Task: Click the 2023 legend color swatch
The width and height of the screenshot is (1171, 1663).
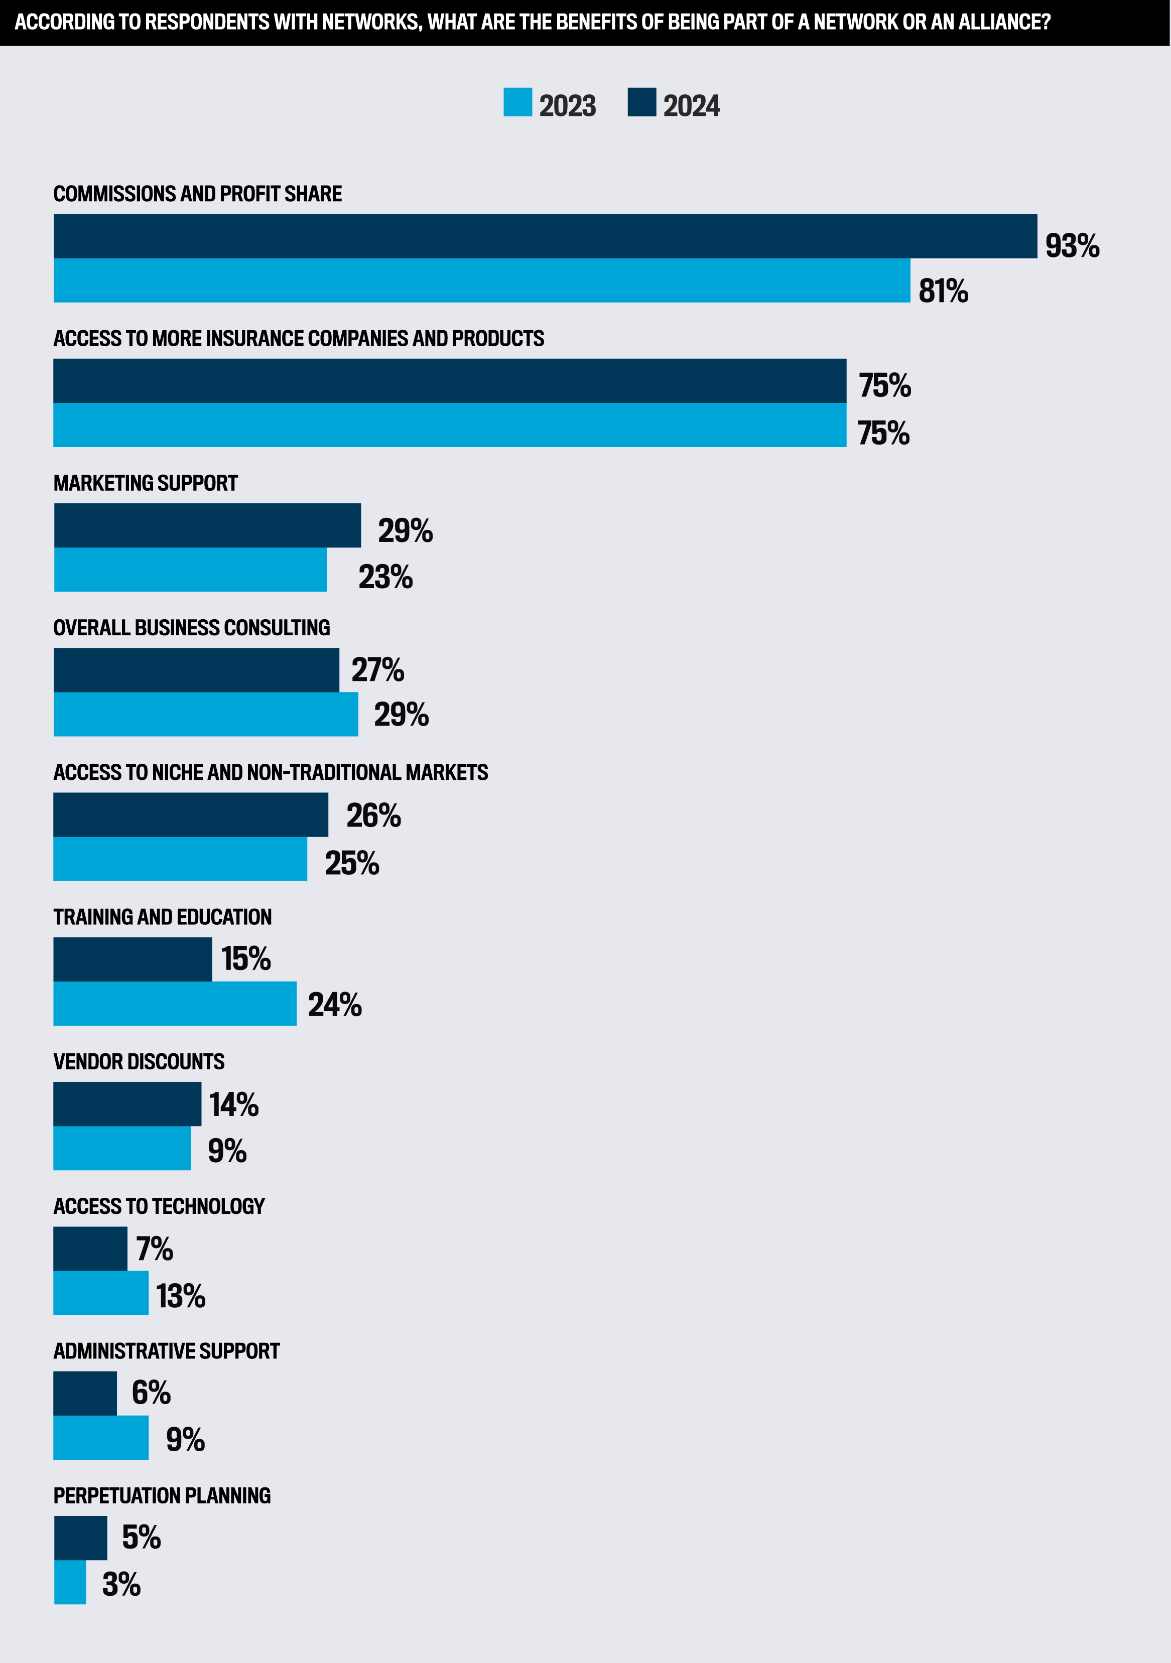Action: pos(517,102)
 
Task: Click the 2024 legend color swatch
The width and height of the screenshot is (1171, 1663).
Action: pos(641,102)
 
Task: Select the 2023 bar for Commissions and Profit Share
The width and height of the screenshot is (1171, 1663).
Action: pos(481,281)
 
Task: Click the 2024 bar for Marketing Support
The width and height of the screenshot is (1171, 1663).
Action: pos(207,525)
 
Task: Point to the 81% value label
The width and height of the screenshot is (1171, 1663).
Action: pos(943,291)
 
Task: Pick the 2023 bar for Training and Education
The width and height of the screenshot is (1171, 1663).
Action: pos(175,1003)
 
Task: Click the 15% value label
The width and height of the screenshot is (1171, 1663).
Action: pos(245,959)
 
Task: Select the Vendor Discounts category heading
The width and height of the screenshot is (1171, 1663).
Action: pos(139,1062)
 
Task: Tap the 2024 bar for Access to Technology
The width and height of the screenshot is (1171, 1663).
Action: pos(90,1249)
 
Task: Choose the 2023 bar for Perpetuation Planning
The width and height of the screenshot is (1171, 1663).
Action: pos(70,1582)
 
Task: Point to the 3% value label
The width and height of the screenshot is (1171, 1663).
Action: pos(121,1585)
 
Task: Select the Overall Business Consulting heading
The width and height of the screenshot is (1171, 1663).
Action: pos(191,628)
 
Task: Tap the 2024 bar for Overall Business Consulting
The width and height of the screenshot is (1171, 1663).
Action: pos(196,670)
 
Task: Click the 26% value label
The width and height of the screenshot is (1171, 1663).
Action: pos(373,815)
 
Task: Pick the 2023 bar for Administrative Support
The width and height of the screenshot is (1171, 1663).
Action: pos(101,1438)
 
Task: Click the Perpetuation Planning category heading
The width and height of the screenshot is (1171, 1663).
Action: pos(162,1496)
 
